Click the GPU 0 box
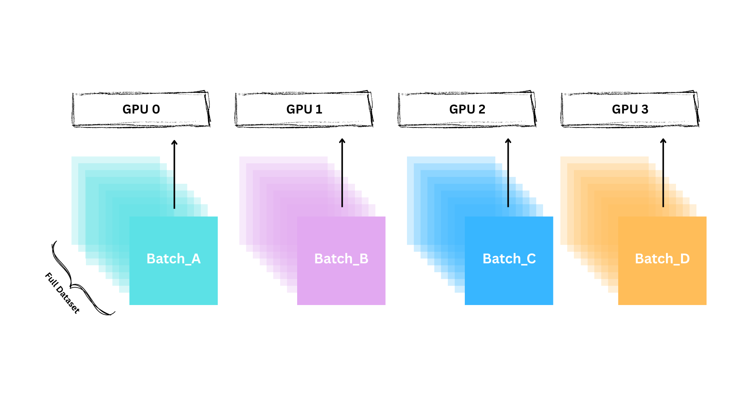pos(141,109)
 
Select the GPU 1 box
pos(304,109)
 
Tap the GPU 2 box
pos(467,109)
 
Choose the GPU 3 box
pos(630,109)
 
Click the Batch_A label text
pos(173,259)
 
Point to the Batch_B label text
pos(341,259)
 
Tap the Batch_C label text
pos(509,259)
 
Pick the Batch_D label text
pos(662,259)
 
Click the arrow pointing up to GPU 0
pos(174,174)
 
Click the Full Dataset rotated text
pos(62,293)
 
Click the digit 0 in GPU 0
pos(156,109)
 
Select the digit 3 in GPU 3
pos(644,109)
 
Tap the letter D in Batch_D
pos(684,259)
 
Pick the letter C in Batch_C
pos(531,259)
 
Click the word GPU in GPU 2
pos(462,109)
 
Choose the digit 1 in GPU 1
pos(319,109)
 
